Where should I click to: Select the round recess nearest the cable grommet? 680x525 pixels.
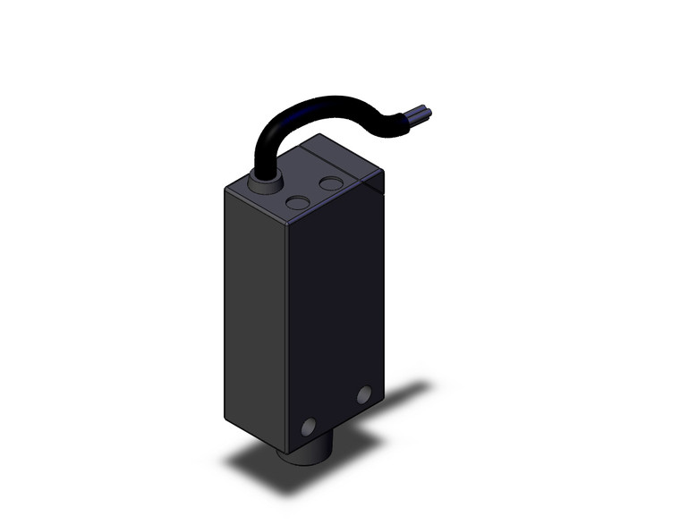click(x=298, y=203)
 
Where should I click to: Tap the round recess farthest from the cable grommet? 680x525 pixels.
click(x=331, y=184)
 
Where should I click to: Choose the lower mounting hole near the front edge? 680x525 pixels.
click(x=310, y=427)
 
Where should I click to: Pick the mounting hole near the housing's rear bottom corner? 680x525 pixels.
click(x=363, y=394)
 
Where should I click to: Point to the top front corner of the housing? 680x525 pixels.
click(x=286, y=224)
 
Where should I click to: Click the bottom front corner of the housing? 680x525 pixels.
click(x=285, y=453)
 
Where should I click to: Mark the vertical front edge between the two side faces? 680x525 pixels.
click(x=286, y=340)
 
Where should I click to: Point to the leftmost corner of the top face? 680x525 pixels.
click(x=224, y=190)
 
